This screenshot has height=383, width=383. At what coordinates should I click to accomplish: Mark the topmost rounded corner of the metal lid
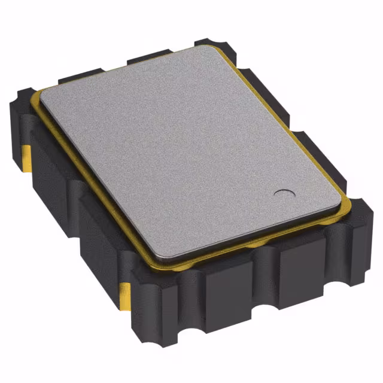[x=203, y=48]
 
